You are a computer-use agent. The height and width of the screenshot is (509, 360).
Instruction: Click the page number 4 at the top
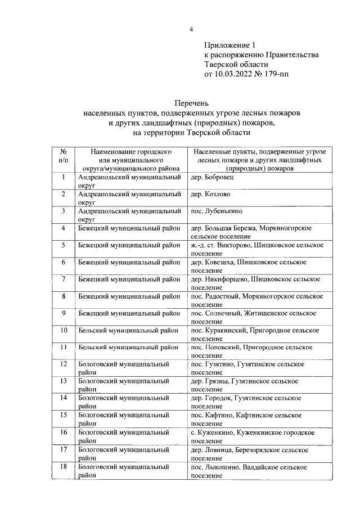click(x=191, y=29)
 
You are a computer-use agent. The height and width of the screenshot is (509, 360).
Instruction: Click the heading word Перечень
click(x=191, y=103)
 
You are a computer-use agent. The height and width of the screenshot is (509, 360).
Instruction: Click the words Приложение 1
click(x=229, y=45)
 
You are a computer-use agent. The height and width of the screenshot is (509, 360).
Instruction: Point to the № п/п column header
click(x=64, y=156)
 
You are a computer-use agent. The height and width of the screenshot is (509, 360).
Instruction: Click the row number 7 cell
click(x=64, y=279)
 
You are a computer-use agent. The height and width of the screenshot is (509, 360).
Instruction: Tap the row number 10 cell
click(x=64, y=330)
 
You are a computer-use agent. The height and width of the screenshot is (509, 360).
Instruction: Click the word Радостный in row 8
click(x=223, y=296)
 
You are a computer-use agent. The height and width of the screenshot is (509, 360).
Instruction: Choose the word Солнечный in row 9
click(x=223, y=313)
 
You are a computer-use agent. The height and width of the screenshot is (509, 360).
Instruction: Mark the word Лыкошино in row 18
click(x=223, y=467)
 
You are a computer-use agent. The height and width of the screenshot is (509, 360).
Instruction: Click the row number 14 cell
click(x=64, y=398)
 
